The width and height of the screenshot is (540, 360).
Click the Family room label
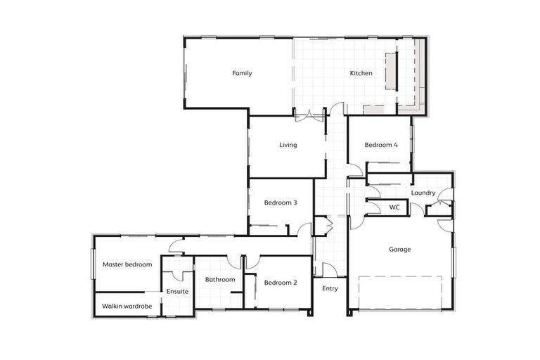click(x=242, y=73)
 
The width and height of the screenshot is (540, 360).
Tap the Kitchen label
click(x=361, y=73)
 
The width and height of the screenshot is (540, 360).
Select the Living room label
click(x=288, y=146)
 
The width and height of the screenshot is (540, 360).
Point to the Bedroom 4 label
click(x=381, y=145)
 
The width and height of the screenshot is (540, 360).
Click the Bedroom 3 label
click(x=281, y=202)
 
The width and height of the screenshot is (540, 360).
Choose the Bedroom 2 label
click(x=281, y=283)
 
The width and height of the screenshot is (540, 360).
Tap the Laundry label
click(x=423, y=193)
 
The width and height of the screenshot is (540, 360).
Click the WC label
click(x=394, y=207)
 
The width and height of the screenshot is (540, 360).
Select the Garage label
click(x=400, y=249)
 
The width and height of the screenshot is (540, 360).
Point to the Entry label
click(x=330, y=288)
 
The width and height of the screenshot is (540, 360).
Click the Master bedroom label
click(x=127, y=264)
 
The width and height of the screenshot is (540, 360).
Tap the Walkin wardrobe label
click(x=127, y=306)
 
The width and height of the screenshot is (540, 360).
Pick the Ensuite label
click(x=176, y=291)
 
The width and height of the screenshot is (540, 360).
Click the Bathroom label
click(x=220, y=279)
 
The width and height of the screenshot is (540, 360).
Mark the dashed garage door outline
click(x=400, y=292)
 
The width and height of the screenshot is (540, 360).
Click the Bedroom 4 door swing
click(x=355, y=169)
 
